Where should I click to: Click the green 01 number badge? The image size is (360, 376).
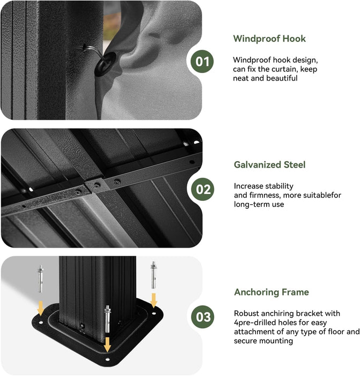(x=202, y=61)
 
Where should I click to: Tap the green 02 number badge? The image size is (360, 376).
(x=203, y=189)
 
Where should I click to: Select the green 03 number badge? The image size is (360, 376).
(x=203, y=317)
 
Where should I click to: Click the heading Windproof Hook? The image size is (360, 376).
(x=269, y=39)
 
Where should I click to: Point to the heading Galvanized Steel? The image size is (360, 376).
(x=270, y=165)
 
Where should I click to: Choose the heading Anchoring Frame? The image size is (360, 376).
(x=271, y=292)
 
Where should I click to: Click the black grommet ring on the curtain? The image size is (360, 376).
(x=105, y=63)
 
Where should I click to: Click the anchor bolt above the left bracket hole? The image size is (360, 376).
(x=41, y=279)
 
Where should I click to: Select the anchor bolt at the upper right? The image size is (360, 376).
(x=153, y=275)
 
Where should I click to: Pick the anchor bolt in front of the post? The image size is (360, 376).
(x=107, y=319)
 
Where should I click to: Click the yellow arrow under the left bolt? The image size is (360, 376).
(x=41, y=308)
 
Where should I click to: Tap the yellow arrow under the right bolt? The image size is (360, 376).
(x=153, y=300)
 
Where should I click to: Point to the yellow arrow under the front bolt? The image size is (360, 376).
(x=107, y=344)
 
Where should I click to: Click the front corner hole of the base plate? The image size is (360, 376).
(x=107, y=359)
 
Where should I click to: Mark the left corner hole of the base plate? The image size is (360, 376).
(x=41, y=322)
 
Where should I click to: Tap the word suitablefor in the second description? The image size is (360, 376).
(x=322, y=195)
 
